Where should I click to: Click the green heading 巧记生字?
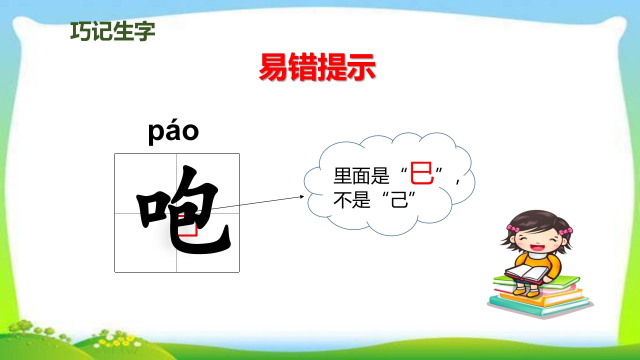[112, 31]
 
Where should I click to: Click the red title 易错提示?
[317, 67]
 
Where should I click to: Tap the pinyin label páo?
[173, 131]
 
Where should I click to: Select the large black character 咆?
[183, 210]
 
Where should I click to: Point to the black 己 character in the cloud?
[399, 199]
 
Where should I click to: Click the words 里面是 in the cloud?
[361, 175]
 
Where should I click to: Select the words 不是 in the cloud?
[352, 199]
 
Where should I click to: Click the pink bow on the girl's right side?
[565, 231]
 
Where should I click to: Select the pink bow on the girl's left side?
[513, 228]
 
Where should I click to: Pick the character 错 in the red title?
[302, 67]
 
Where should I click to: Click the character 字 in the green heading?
[145, 31]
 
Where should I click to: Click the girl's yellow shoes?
[525, 291]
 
